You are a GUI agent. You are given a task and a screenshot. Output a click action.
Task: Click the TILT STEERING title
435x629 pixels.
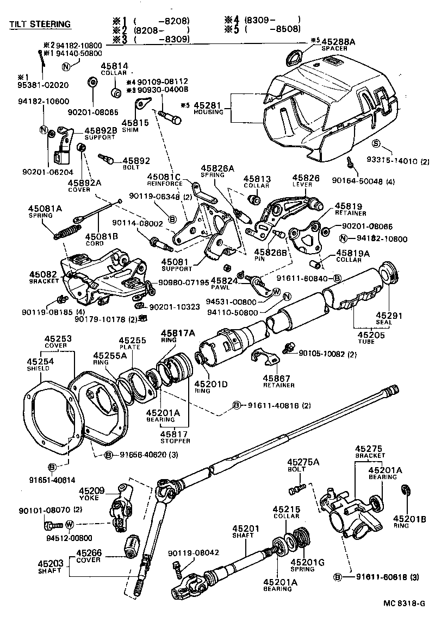click(40, 24)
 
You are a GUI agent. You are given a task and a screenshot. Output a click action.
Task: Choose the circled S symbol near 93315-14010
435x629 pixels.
click(376, 143)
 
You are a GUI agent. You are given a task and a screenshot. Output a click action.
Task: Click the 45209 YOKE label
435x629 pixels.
click(91, 493)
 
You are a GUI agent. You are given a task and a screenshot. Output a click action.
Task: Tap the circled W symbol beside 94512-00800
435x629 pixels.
click(70, 524)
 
